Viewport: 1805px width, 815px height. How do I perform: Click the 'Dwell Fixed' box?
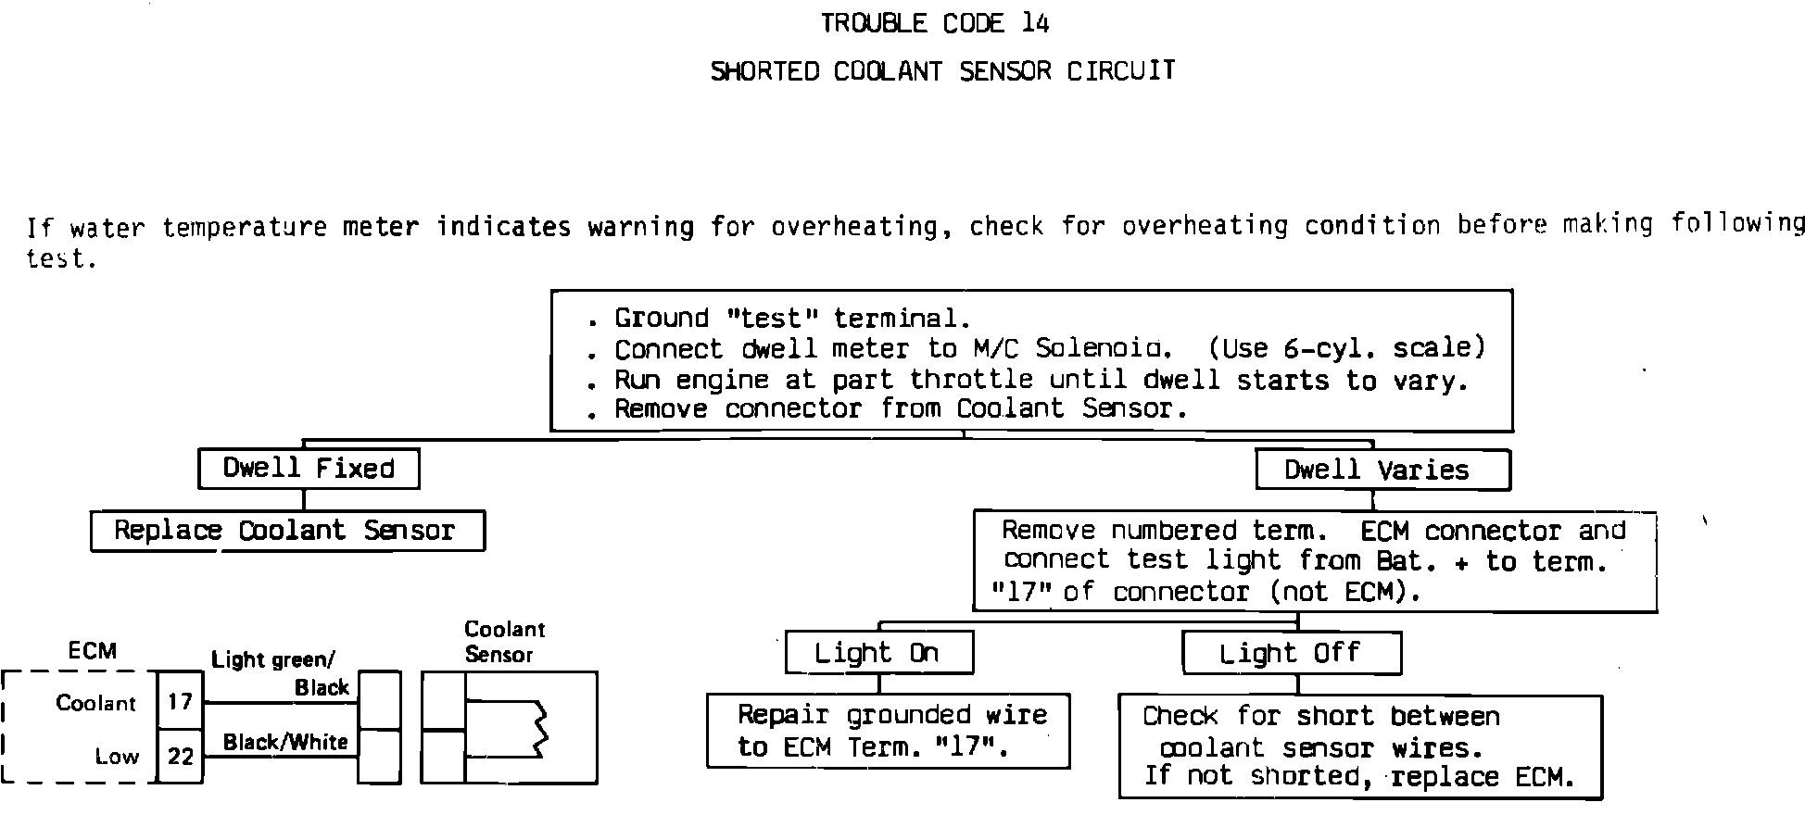click(309, 469)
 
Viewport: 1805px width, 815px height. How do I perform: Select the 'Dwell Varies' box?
click(1382, 470)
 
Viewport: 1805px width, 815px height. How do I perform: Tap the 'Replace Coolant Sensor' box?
click(287, 531)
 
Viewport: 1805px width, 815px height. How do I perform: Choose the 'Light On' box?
click(878, 653)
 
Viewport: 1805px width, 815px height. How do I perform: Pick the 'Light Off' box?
click(1291, 653)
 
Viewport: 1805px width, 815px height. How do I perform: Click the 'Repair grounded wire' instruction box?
click(888, 731)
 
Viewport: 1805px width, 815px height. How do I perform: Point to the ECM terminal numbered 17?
click(180, 701)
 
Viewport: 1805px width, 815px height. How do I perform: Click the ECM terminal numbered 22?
click(180, 757)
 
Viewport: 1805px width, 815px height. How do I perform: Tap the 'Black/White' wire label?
click(285, 742)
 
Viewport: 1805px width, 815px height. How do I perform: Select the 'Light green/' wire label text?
click(273, 660)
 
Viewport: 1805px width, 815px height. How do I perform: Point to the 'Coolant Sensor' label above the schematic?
click(504, 642)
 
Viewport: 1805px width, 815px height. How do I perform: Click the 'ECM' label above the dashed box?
click(93, 651)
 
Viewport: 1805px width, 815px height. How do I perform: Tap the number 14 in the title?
click(1035, 23)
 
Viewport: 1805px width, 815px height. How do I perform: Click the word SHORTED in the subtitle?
click(764, 71)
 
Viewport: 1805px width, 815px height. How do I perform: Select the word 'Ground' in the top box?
click(661, 319)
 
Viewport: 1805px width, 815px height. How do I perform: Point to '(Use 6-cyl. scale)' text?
click(1347, 348)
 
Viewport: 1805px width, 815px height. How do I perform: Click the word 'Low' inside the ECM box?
click(117, 757)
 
